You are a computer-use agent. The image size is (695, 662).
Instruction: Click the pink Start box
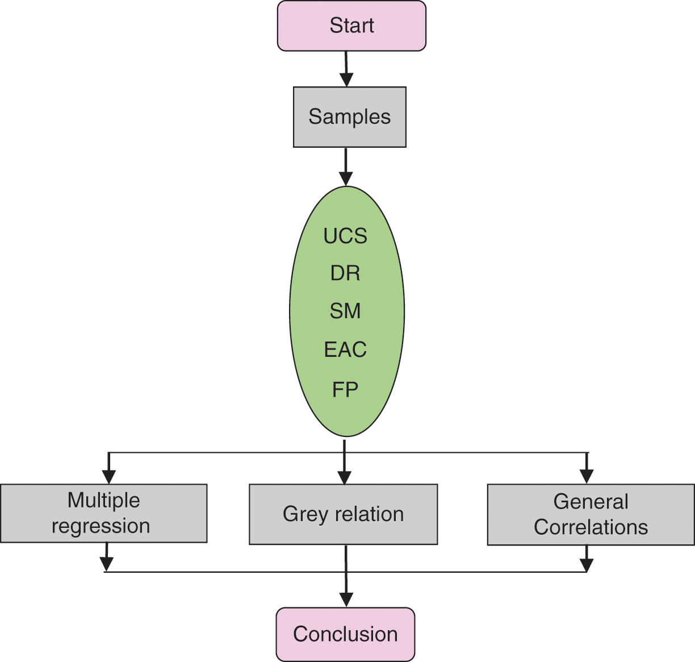coord(351,26)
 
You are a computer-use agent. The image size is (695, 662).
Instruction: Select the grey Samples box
coord(349,117)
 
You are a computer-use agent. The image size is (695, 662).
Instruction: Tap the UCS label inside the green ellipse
coord(345,236)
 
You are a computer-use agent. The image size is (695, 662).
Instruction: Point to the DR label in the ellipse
coord(345,273)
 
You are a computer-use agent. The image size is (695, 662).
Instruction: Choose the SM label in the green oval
coord(345,311)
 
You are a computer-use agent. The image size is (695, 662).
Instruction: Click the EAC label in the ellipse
coord(345,349)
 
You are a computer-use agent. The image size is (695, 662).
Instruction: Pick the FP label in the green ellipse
coord(345,390)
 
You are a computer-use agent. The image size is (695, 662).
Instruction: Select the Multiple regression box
coord(103,513)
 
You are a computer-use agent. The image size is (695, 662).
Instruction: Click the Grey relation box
coord(343,514)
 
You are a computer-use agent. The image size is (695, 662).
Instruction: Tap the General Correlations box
coord(591,514)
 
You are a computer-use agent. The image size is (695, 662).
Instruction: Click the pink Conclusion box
coord(345,634)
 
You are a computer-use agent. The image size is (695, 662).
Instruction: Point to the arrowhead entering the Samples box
coord(346,80)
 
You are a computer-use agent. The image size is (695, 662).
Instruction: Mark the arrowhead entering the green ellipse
coord(345,178)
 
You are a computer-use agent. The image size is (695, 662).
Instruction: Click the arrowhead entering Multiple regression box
coord(108,477)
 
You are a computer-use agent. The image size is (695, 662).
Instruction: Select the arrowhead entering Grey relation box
coord(345,477)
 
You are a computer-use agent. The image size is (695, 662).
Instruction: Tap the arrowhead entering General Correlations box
coord(587,477)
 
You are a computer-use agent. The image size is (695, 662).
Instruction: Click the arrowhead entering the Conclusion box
coord(346,600)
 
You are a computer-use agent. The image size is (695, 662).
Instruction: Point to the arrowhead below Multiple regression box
coord(106,564)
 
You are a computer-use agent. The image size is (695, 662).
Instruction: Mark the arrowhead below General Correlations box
coord(587,565)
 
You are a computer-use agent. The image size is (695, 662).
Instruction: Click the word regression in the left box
coord(101,526)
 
